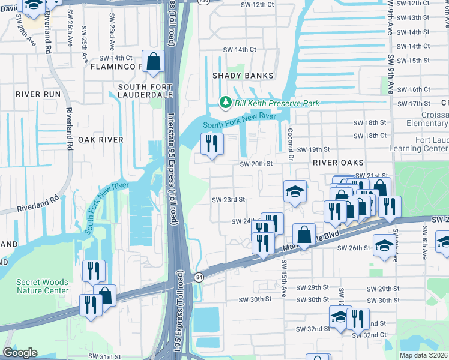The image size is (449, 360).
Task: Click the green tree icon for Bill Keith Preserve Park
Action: (x=226, y=103)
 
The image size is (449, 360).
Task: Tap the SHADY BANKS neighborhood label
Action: (x=243, y=76)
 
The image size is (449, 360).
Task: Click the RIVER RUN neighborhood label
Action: (x=38, y=94)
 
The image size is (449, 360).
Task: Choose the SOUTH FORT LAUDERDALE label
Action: (x=145, y=91)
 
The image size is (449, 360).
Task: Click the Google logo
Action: (x=20, y=353)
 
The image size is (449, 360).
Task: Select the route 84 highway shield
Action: (x=198, y=277)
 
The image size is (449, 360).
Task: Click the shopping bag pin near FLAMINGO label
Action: (x=153, y=62)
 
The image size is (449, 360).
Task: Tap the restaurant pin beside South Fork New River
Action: (x=211, y=144)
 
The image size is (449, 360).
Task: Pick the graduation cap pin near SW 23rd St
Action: (x=294, y=192)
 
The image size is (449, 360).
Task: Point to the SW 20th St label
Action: (x=256, y=164)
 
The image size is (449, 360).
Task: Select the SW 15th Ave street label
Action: (x=283, y=279)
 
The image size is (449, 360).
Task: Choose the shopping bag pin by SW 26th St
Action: (x=304, y=235)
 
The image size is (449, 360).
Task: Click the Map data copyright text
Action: (x=423, y=355)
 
